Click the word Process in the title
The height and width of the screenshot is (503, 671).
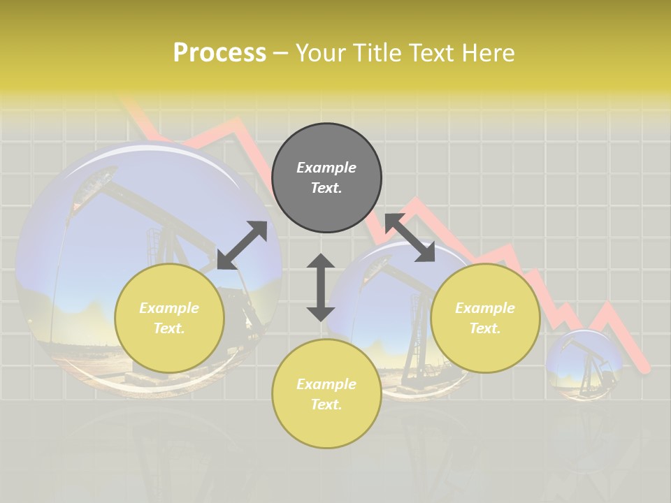pyautogui.click(x=219, y=53)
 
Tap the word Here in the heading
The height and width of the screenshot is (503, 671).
pyautogui.click(x=488, y=53)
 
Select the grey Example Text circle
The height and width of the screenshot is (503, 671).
pyautogui.click(x=326, y=177)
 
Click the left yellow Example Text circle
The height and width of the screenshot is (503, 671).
pyautogui.click(x=169, y=318)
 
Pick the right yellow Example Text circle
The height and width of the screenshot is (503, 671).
pyautogui.click(x=485, y=318)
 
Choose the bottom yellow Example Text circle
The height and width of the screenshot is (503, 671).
pyautogui.click(x=326, y=394)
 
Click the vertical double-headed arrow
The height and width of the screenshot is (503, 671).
pyautogui.click(x=321, y=287)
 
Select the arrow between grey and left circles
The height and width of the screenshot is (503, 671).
pyautogui.click(x=242, y=245)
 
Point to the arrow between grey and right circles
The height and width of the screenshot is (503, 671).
pyautogui.click(x=410, y=238)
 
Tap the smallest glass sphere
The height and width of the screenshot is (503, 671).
pyautogui.click(x=584, y=363)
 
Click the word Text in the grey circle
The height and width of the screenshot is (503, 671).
pyautogui.click(x=326, y=188)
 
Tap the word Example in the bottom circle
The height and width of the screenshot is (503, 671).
pyautogui.click(x=326, y=384)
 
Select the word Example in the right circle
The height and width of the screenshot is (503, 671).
pyautogui.click(x=485, y=308)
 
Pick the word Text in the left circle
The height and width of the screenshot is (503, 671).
pyautogui.click(x=169, y=328)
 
